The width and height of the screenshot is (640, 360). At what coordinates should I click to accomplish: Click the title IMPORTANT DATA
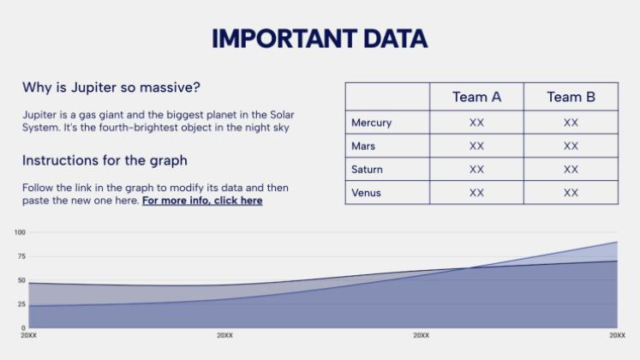[x=320, y=39]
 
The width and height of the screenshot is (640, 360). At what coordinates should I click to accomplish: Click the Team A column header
[x=476, y=97]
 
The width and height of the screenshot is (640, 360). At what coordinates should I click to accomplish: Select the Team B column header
[x=571, y=97]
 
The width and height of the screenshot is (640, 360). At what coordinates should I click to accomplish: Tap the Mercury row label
[x=372, y=123]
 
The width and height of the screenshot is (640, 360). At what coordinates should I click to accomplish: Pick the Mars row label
[x=363, y=146]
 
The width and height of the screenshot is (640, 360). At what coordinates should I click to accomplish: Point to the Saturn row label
[x=367, y=170]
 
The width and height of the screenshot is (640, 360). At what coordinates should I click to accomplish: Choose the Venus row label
[x=366, y=193]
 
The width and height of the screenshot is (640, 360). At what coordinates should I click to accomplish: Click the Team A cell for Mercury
[x=476, y=123]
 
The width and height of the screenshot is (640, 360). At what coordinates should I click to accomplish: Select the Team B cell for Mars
[x=571, y=146]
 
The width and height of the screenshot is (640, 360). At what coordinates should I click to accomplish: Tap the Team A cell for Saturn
[x=476, y=170]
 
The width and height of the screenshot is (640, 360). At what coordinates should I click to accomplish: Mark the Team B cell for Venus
[x=571, y=193]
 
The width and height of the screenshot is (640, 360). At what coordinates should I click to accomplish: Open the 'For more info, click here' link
[x=202, y=201]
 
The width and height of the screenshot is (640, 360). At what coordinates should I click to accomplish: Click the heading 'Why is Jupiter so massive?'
[x=111, y=87]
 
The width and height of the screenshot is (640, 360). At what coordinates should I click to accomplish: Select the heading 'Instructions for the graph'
[x=105, y=160]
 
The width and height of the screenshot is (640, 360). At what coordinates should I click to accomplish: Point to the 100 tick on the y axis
[x=20, y=232]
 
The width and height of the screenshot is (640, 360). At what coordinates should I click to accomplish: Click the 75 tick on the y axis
[x=21, y=256]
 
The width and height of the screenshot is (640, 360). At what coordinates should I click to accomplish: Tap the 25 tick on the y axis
[x=21, y=304]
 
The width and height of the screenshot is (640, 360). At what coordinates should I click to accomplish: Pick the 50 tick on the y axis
[x=21, y=280]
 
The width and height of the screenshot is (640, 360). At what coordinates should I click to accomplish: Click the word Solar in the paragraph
[x=282, y=115]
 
